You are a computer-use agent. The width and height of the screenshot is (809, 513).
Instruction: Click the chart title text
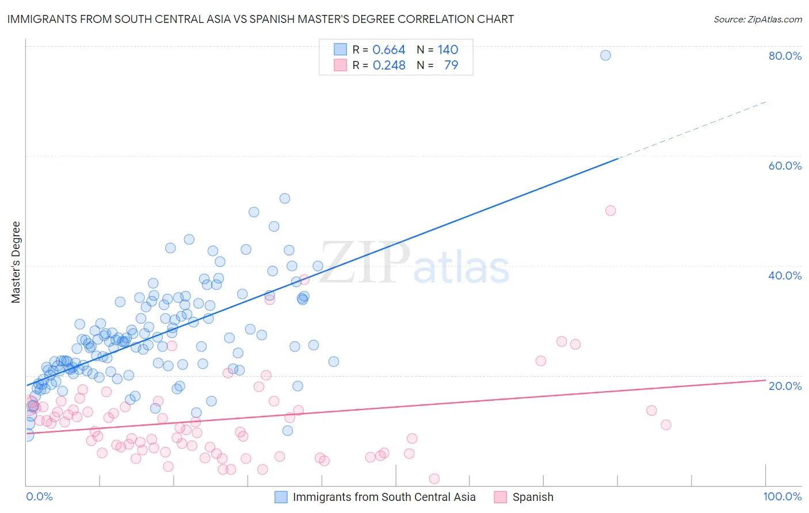point(260,19)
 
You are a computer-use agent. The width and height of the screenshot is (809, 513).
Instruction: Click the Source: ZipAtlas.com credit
point(757,19)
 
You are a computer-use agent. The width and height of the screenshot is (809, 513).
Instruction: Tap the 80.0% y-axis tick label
point(785,56)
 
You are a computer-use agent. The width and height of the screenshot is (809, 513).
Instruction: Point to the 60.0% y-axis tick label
point(785,166)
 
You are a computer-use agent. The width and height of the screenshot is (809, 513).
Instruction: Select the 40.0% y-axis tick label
point(785,275)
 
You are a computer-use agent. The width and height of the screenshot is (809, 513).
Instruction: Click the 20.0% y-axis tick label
point(785,385)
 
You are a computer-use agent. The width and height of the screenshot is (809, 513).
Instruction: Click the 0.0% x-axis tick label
point(39,496)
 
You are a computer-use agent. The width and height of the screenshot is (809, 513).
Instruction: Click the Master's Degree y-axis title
point(16,262)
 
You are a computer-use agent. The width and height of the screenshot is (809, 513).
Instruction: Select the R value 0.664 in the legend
point(389,50)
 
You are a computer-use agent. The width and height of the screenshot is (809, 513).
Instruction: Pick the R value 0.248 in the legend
point(389,66)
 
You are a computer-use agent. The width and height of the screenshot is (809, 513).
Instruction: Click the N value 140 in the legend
point(448,50)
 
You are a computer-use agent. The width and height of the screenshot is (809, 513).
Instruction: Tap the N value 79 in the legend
point(451,66)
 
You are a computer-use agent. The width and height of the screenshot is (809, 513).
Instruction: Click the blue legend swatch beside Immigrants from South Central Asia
point(281,497)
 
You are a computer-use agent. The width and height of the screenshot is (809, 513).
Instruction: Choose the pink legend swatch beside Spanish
point(501,497)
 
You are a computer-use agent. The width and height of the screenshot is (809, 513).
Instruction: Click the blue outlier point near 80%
point(605,55)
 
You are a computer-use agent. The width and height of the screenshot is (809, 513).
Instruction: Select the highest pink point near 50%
point(610,210)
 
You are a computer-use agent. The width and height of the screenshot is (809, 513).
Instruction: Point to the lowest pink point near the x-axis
point(434,479)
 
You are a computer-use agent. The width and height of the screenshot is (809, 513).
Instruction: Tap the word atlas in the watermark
point(461,269)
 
